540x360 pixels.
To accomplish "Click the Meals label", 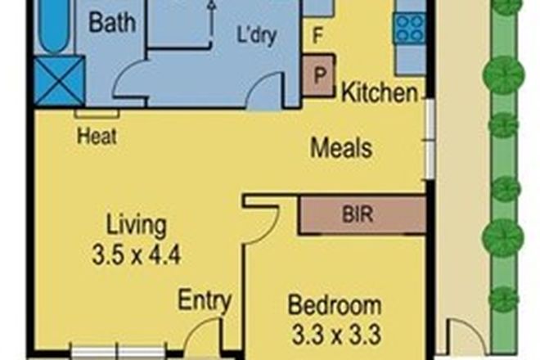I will point(341,149).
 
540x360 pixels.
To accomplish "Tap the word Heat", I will point(97,136).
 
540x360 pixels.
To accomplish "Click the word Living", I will point(137,225).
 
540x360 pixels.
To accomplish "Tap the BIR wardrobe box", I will point(361,216).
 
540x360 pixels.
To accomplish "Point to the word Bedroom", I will point(335,307).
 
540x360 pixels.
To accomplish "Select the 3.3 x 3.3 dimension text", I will point(335,334).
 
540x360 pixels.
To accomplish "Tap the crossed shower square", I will point(59,79).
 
